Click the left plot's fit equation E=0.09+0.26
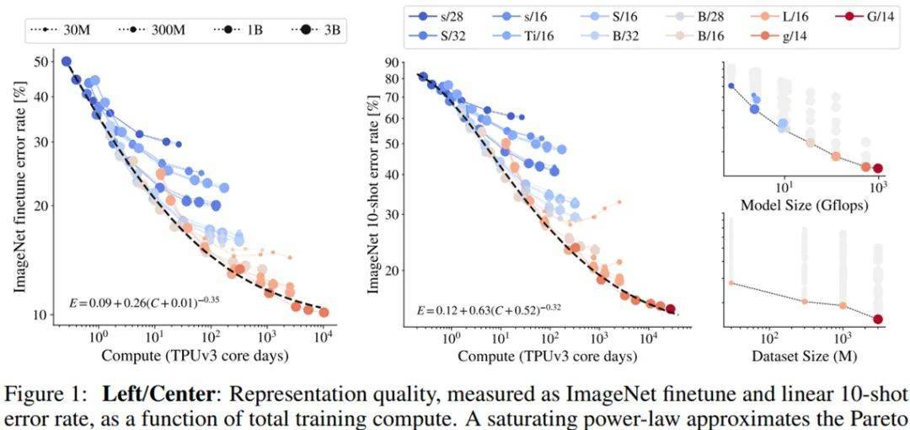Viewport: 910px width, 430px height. point(144,300)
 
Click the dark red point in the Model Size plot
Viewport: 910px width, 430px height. point(878,169)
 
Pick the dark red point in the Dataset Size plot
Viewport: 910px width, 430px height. point(878,319)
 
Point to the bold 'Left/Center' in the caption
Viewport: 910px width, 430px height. point(147,392)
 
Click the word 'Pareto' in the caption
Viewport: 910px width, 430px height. point(881,414)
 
